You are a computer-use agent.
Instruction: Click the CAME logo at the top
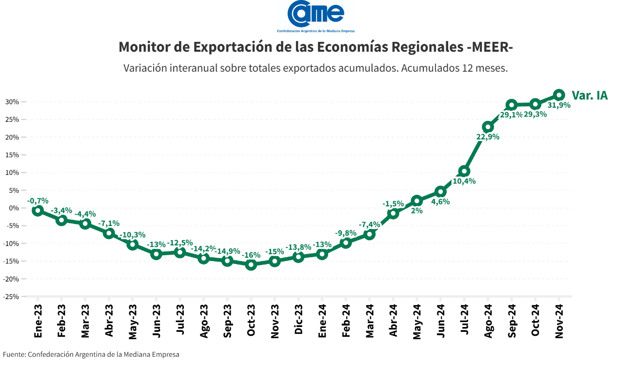tap(316, 15)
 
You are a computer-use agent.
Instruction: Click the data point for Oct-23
tap(251, 265)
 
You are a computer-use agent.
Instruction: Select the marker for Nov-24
tap(559, 95)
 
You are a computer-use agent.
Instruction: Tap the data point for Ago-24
tap(488, 127)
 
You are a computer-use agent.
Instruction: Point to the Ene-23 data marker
tap(38, 210)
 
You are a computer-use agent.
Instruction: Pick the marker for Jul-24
tap(464, 171)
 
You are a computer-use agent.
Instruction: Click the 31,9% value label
tap(559, 105)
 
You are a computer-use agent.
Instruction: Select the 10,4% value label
tap(464, 181)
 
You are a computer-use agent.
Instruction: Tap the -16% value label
tap(251, 255)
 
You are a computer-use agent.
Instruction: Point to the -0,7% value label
tap(38, 201)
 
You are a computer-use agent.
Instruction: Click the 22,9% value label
tap(488, 137)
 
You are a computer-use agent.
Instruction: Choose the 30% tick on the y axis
tap(12, 102)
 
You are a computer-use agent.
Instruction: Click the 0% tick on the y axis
tap(14, 208)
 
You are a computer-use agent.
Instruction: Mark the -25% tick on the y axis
tap(11, 296)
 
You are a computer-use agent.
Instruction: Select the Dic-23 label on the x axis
tap(298, 321)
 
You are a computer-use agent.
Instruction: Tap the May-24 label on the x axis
tap(417, 321)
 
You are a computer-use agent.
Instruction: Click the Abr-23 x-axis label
tap(109, 321)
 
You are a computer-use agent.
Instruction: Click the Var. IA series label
tap(590, 95)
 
